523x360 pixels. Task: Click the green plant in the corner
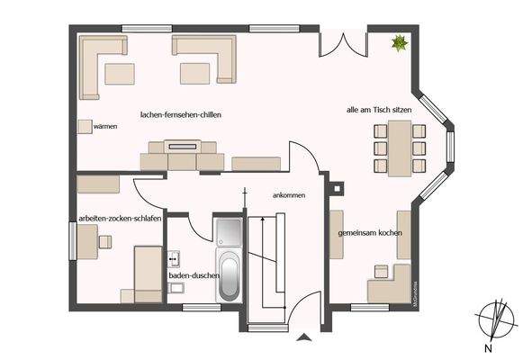click(x=398, y=41)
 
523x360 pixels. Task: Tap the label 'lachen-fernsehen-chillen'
click(x=181, y=115)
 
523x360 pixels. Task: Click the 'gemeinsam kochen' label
click(x=370, y=232)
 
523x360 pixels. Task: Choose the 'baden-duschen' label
click(x=194, y=275)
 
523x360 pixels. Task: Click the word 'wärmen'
click(x=105, y=127)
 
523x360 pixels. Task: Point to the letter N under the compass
click(x=487, y=347)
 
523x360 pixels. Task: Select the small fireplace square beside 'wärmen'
click(x=84, y=126)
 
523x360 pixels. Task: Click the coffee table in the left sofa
click(x=120, y=73)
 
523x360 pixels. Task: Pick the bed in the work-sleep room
click(x=147, y=274)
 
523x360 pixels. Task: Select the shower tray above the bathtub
click(x=228, y=231)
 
